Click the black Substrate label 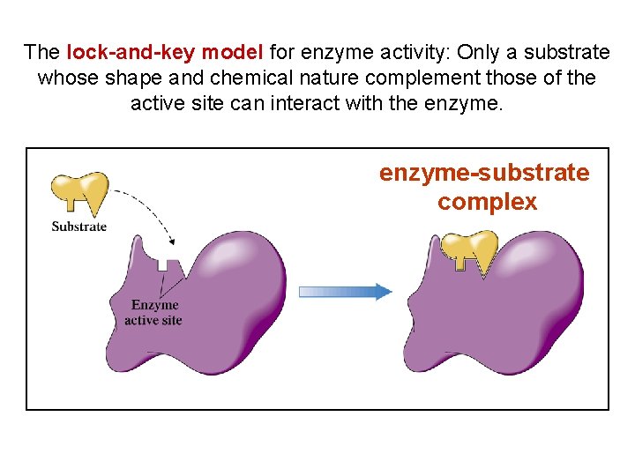[x=79, y=227]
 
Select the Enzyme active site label [x=153, y=313]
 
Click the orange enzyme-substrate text [x=484, y=173]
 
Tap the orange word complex [x=487, y=202]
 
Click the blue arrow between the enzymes [x=345, y=292]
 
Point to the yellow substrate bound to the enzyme [x=470, y=248]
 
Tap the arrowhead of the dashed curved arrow [x=173, y=241]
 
